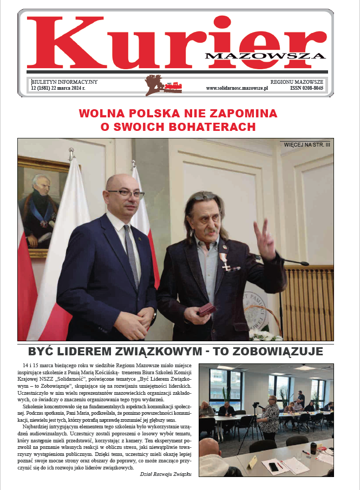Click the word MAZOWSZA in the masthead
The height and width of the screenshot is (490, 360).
coord(265,55)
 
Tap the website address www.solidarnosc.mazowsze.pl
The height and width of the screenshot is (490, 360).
coord(237,88)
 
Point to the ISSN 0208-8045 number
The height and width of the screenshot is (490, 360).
coord(307,88)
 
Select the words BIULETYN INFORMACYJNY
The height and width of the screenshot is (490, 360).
coord(64,81)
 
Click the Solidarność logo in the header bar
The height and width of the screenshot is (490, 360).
coord(172,85)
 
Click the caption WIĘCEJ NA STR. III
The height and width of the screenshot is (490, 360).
coord(307,144)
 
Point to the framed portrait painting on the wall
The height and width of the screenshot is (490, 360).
coord(42,205)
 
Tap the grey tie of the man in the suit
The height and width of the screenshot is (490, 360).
coord(132,255)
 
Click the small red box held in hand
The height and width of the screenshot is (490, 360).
coord(207,310)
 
